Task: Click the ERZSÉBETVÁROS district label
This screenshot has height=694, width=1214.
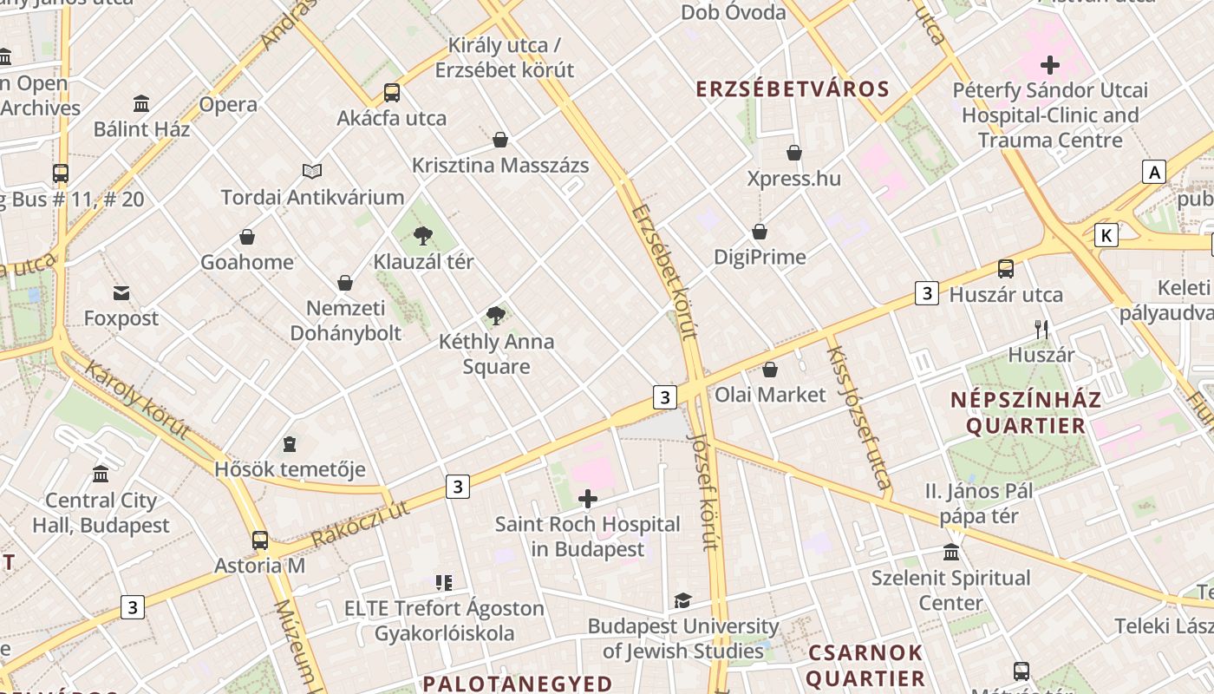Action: (x=793, y=89)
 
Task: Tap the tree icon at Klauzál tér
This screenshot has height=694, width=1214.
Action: (x=423, y=235)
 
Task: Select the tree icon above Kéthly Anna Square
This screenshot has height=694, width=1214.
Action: (x=496, y=316)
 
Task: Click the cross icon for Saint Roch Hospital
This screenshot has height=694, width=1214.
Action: (x=588, y=499)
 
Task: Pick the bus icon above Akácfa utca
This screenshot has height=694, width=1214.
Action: (x=392, y=93)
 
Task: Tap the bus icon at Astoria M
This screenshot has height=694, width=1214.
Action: (x=260, y=540)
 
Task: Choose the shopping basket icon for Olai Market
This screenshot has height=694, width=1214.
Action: (x=770, y=370)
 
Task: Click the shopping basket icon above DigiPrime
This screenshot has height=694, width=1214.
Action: (x=760, y=232)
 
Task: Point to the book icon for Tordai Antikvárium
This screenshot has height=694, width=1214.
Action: (x=312, y=172)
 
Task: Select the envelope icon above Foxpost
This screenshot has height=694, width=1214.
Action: (x=121, y=293)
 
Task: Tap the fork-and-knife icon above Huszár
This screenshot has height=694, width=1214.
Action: (x=1041, y=330)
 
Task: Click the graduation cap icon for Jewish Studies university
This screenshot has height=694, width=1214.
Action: (x=683, y=600)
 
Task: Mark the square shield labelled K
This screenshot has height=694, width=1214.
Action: (x=1106, y=235)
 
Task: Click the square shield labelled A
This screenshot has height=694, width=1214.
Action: (x=1154, y=172)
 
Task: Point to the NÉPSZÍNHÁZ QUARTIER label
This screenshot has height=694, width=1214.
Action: (x=1026, y=413)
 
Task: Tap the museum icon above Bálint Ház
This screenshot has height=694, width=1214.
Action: (x=141, y=104)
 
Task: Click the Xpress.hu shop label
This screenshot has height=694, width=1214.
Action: (x=794, y=179)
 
